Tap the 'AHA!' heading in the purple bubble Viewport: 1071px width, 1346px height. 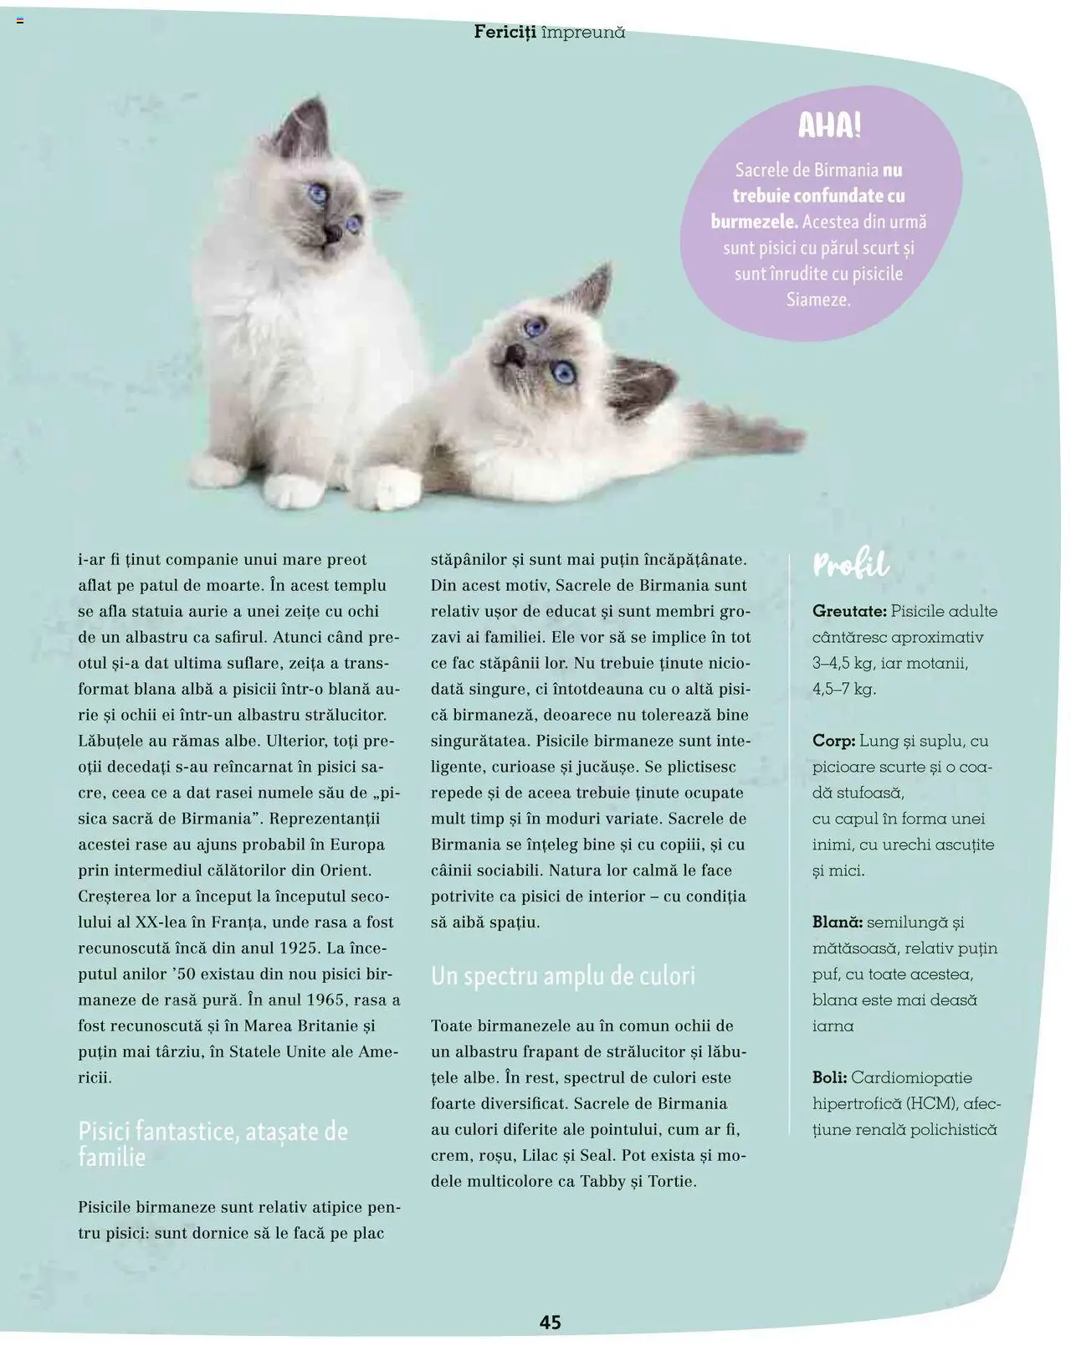pos(828,126)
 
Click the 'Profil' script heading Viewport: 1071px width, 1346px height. pos(850,565)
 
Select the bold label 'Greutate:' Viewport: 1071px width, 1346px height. pos(848,611)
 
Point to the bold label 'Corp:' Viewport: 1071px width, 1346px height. pos(833,741)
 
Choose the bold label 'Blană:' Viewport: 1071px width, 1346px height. pos(837,922)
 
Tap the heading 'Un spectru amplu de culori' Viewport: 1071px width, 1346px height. pos(563,976)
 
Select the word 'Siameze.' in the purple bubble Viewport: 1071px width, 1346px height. pos(818,299)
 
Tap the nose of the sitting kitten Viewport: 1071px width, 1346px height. pos(331,232)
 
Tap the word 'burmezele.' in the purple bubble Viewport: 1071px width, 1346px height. pos(754,222)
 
